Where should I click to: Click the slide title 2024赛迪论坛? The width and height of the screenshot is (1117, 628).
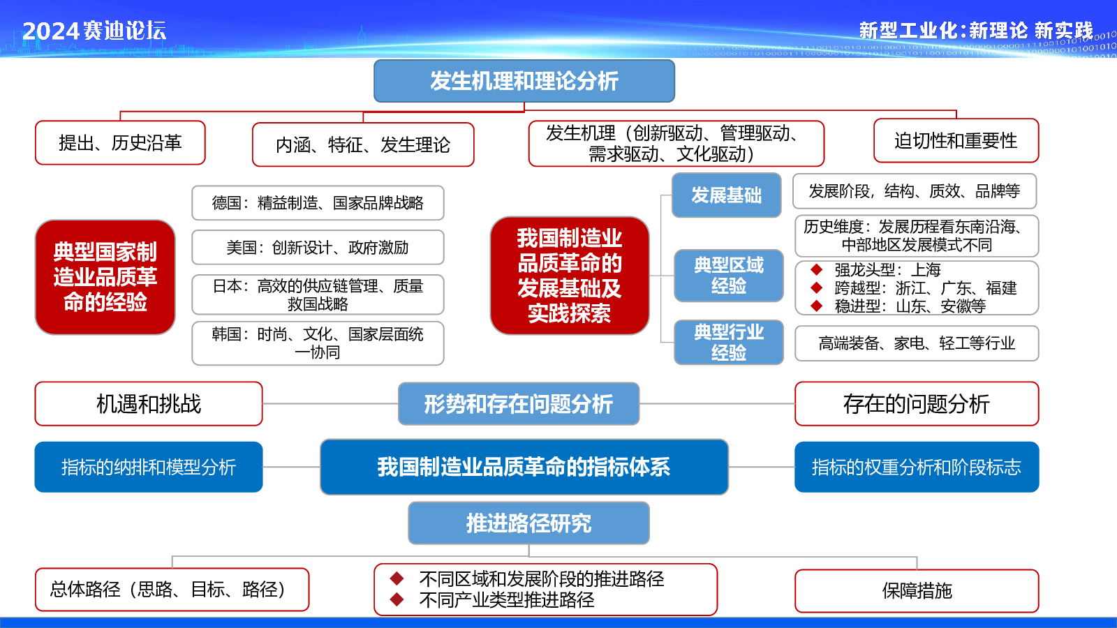[94, 31]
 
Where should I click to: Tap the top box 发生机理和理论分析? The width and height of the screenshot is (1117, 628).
[524, 81]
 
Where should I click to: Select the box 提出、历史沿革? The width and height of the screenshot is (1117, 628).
[120, 142]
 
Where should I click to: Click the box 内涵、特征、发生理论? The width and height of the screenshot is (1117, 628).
[363, 144]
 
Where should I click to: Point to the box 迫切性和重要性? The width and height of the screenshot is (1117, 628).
[956, 140]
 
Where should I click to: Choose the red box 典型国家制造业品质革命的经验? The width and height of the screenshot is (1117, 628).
[105, 277]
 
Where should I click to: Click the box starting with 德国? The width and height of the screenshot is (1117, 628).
[318, 203]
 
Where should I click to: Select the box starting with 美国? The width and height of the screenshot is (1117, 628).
[318, 247]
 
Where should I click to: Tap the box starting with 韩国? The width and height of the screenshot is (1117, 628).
[318, 343]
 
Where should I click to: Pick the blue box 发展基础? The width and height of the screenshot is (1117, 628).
[727, 195]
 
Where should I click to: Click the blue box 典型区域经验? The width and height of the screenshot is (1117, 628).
[729, 276]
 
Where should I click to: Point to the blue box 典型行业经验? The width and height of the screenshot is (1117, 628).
[729, 343]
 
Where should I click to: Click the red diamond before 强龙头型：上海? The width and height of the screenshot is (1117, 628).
[816, 269]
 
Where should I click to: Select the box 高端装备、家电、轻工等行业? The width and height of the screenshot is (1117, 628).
[917, 343]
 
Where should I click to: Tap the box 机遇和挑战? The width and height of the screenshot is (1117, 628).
[149, 404]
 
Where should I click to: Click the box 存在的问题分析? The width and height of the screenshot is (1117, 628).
[917, 404]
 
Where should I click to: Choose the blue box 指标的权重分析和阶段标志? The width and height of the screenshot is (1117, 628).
[917, 467]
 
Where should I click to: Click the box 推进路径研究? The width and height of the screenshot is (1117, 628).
[528, 523]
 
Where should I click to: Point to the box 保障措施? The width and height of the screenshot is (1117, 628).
[917, 590]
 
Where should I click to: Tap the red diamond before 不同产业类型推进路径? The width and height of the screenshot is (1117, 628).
[397, 599]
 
